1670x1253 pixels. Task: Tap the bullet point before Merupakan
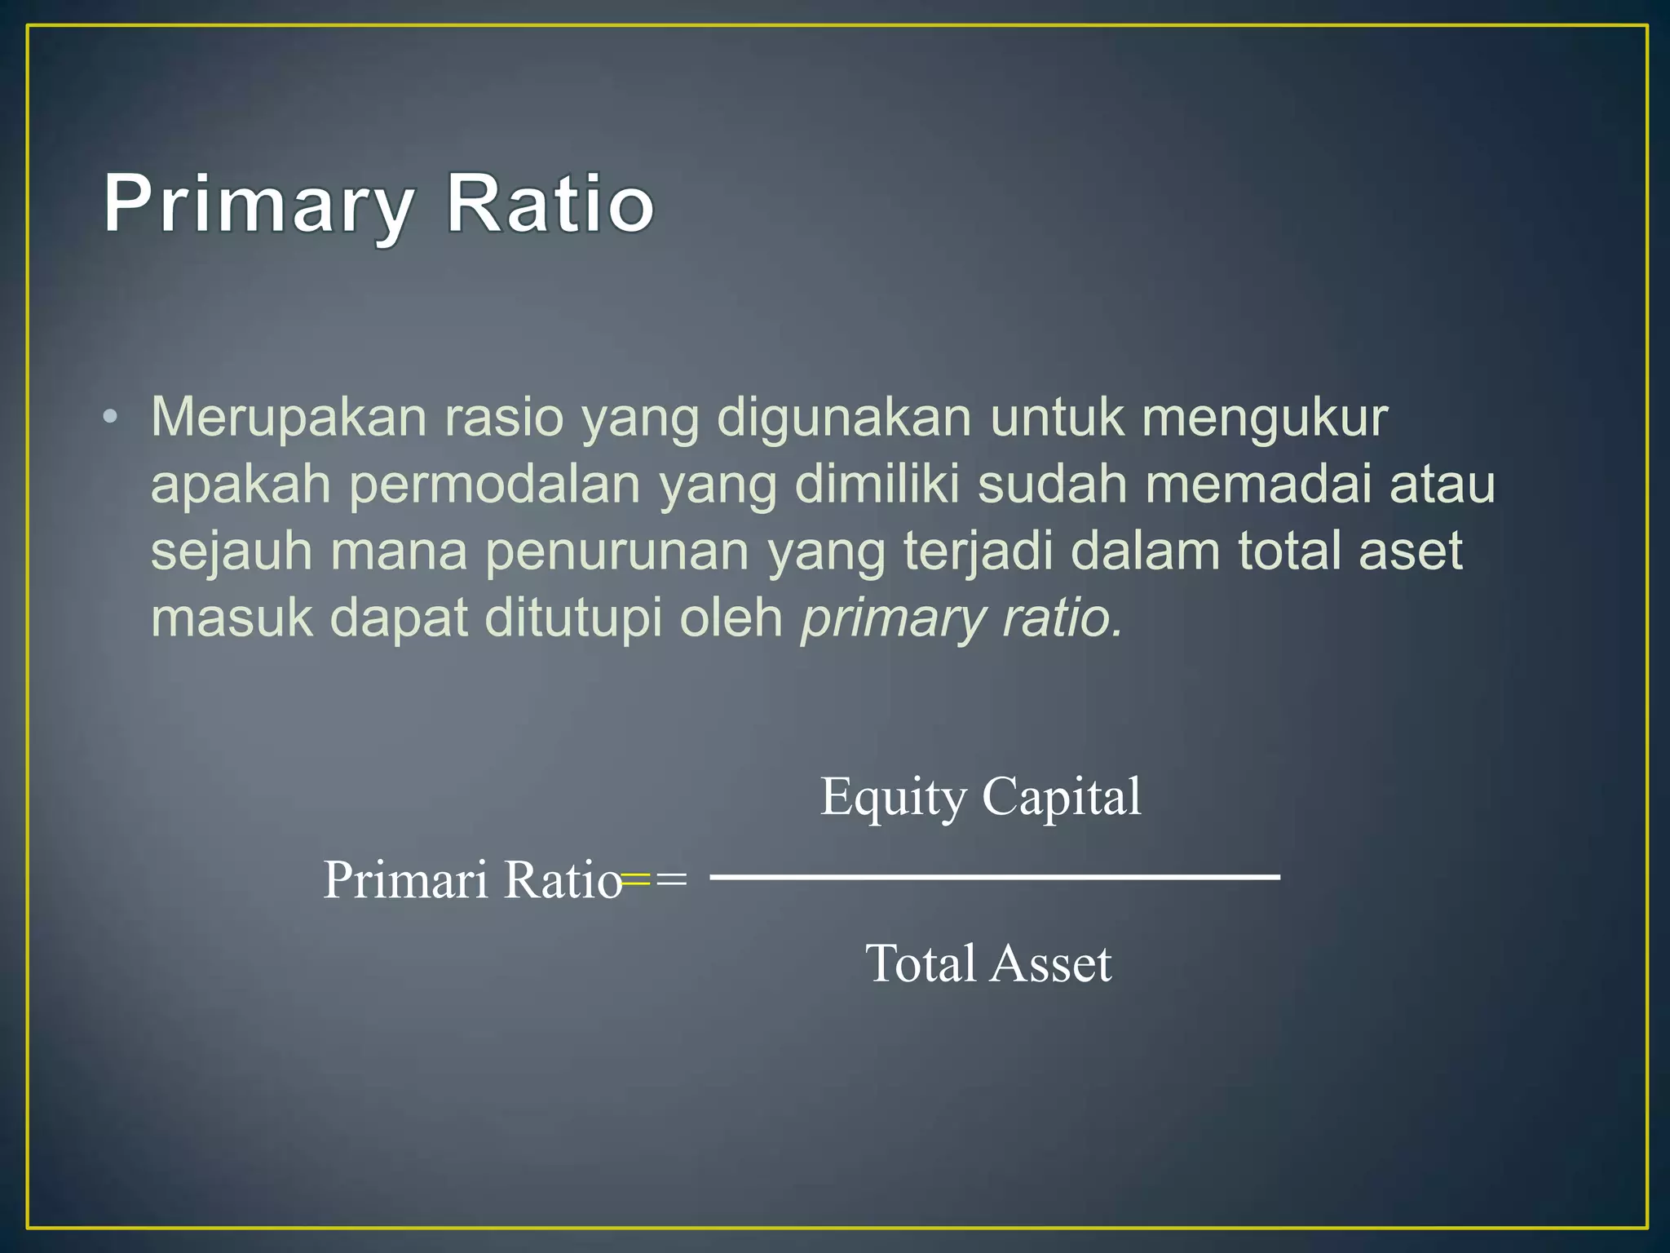111,418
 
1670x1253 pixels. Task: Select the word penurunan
617,552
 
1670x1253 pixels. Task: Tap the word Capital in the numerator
1061,796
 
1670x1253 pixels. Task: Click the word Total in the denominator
920,963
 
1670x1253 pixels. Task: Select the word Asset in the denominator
1051,963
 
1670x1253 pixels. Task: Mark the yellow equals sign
636,879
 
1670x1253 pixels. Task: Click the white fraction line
995,877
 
